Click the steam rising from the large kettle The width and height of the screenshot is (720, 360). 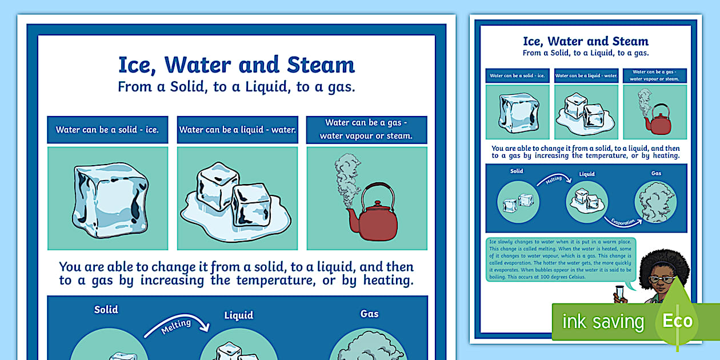tap(346, 177)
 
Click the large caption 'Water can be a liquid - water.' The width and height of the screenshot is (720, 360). tap(238, 130)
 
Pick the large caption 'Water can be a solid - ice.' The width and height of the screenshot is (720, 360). tap(107, 130)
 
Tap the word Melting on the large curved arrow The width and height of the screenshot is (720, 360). tap(176, 327)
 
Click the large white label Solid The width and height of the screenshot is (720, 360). tap(106, 310)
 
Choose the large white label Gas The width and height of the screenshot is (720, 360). tap(369, 313)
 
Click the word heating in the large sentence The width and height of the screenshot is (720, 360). tap(382, 281)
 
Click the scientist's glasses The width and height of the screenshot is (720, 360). tap(661, 279)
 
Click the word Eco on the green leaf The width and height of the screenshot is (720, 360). tap(677, 321)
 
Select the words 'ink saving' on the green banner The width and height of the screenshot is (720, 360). tap(603, 322)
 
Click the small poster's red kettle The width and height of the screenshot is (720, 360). tap(661, 122)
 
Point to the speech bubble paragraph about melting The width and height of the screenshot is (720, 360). tap(559, 259)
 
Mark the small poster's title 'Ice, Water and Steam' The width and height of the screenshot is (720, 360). tap(586, 41)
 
